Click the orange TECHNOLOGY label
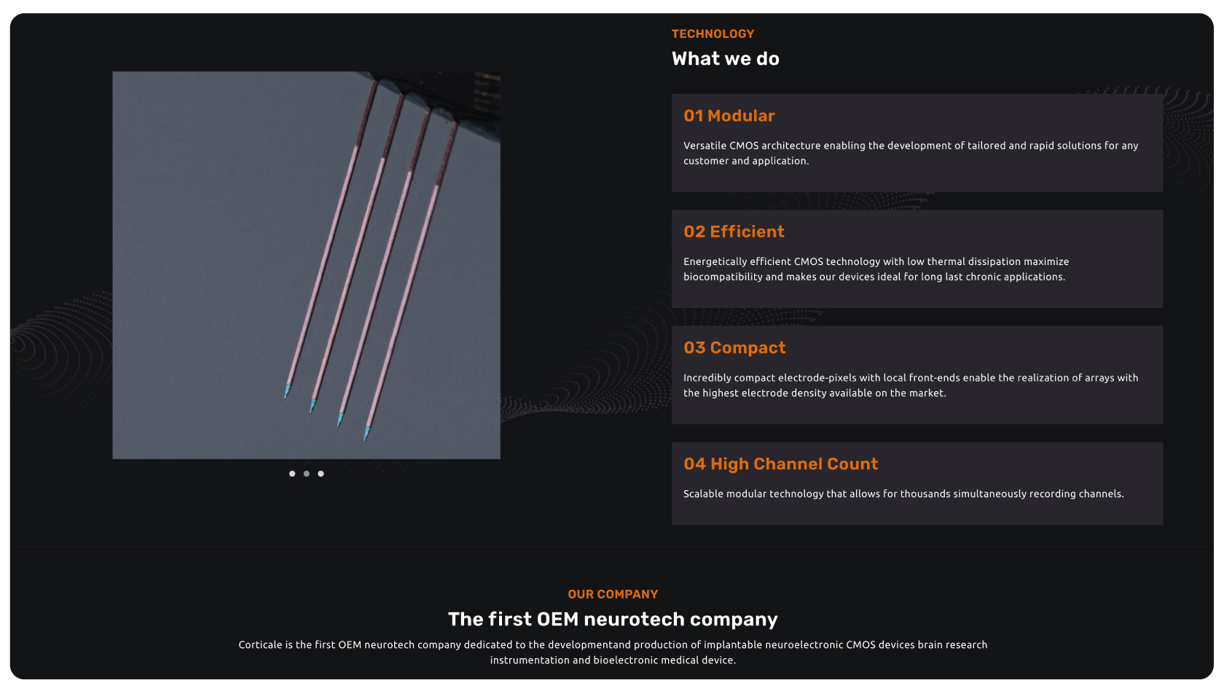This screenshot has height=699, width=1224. [x=713, y=33]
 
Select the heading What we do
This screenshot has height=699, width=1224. [x=725, y=58]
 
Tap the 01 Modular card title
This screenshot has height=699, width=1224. [x=729, y=116]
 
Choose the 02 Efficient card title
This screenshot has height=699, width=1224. [x=734, y=232]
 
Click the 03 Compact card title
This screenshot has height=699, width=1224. [x=734, y=348]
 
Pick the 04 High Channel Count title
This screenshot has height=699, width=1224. [x=780, y=465]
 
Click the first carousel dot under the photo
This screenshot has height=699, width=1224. [x=292, y=473]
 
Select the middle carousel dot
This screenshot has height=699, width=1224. [x=307, y=473]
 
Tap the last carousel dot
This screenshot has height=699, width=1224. [x=321, y=473]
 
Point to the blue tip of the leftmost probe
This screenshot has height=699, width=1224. [x=287, y=391]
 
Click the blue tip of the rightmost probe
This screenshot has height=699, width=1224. [x=366, y=434]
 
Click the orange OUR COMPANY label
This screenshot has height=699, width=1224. [x=613, y=594]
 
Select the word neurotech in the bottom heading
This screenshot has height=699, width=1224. [x=634, y=619]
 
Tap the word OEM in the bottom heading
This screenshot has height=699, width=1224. [x=557, y=619]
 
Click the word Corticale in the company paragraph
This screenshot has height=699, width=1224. [x=260, y=645]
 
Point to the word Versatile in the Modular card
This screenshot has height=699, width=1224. [x=705, y=146]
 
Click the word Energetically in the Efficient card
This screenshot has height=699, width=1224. [x=715, y=262]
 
